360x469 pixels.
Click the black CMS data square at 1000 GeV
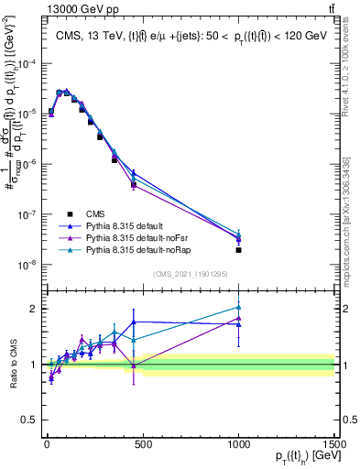(238, 250)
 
